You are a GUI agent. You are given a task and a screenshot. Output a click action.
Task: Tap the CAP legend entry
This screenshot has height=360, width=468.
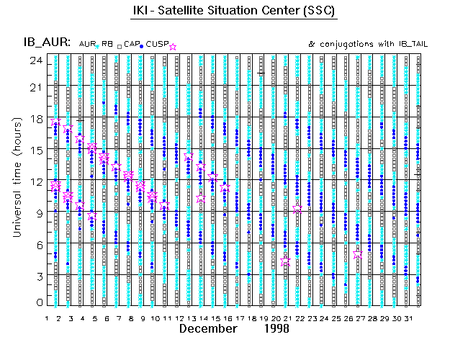131,45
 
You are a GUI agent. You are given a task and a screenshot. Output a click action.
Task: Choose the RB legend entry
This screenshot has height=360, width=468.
107,45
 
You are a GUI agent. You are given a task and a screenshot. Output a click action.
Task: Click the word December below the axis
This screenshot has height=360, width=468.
208,329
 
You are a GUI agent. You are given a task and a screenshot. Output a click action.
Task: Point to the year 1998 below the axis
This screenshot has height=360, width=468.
275,329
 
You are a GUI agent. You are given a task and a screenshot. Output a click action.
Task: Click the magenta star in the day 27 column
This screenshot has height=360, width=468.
358,254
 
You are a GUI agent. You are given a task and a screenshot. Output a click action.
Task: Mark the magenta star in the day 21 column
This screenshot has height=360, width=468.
286,262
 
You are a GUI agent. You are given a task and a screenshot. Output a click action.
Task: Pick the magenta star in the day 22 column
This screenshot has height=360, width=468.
298,210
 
